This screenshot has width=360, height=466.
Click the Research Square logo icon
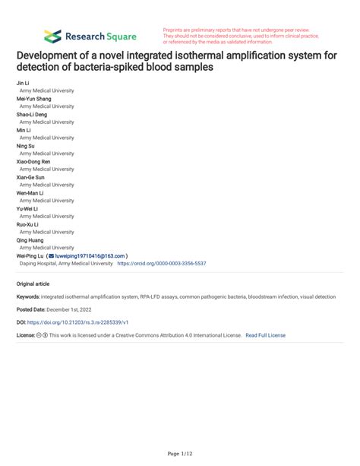52,36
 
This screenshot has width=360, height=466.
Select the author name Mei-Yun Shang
33,98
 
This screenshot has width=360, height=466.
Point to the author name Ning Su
25,145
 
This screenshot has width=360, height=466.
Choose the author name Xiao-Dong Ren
33,161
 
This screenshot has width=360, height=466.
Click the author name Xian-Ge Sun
30,177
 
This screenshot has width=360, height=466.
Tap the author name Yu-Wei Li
27,208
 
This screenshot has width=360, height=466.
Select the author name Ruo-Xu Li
27,224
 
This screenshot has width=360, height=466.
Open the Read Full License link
265,334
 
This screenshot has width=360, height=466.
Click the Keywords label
28,296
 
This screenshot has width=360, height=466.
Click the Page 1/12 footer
180,453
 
